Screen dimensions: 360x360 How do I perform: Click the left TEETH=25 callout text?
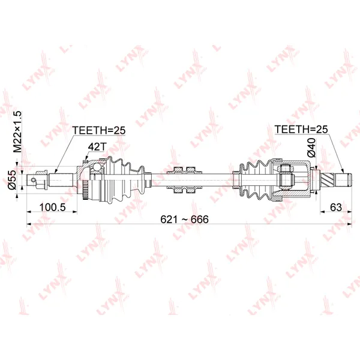click(x=99, y=130)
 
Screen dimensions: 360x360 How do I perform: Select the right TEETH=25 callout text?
click(x=301, y=129)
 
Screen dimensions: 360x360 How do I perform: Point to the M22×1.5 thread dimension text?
click(x=17, y=132)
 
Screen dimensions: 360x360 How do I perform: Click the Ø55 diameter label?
click(x=12, y=180)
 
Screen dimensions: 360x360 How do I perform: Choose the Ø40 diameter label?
click(x=311, y=148)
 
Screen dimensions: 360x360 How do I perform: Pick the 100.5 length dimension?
click(x=53, y=207)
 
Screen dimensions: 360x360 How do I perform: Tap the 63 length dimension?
click(x=335, y=207)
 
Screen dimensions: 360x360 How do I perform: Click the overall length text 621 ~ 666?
click(x=184, y=219)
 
